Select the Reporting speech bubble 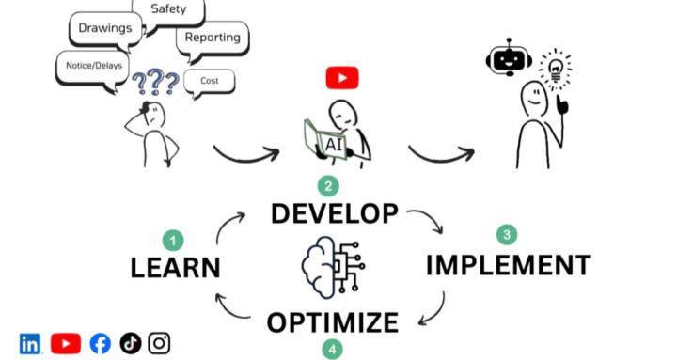click(212, 38)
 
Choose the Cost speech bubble click(210, 82)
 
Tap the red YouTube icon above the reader click(342, 78)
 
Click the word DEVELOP click(334, 213)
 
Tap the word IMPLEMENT click(508, 265)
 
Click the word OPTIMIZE click(332, 322)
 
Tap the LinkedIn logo click(30, 344)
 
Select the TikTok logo click(130, 344)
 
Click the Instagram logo click(159, 344)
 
